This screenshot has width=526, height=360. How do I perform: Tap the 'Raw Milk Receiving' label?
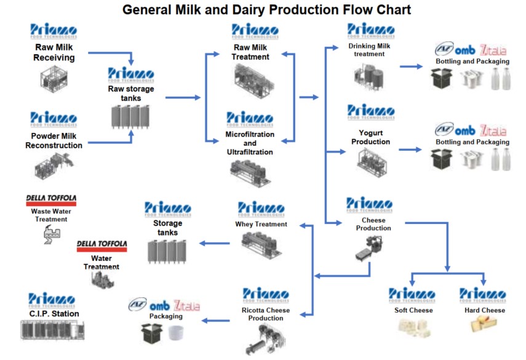click(x=54, y=53)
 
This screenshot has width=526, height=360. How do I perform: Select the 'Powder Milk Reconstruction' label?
click(x=54, y=141)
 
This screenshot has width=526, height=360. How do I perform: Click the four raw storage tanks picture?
click(x=130, y=116)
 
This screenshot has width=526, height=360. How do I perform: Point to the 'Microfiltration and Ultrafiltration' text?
click(x=250, y=143)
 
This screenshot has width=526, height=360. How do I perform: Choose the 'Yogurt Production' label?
click(x=370, y=138)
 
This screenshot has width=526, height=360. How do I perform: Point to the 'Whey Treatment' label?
click(x=261, y=225)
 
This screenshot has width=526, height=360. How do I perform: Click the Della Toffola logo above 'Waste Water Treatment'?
click(x=50, y=200)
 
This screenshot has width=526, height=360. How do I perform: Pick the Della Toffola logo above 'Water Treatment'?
click(x=102, y=246)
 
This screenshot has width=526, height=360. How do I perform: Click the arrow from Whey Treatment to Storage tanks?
click(x=215, y=243)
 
